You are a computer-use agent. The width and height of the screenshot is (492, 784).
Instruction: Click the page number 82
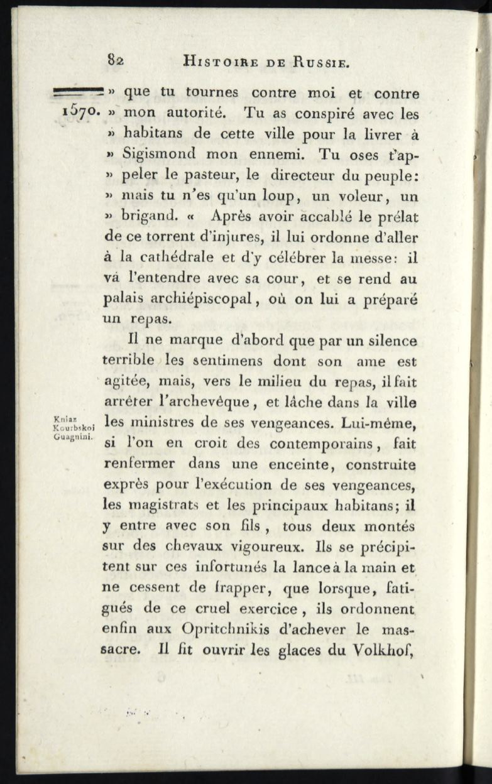point(116,62)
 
